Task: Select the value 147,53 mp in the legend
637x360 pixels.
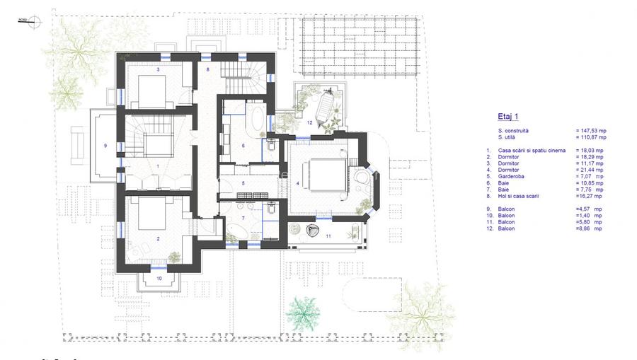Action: point(589,131)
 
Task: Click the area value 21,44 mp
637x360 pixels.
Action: point(589,170)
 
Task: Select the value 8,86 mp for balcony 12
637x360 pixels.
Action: point(589,228)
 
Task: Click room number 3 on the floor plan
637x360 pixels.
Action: point(158,70)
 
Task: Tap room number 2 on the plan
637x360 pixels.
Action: point(158,239)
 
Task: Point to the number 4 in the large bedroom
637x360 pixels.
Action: point(298,183)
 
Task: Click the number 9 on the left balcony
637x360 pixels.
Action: point(105,146)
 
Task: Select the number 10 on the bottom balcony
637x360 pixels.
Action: point(159,279)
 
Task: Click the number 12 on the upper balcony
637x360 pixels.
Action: point(309,122)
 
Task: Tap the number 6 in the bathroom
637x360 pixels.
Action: point(243,146)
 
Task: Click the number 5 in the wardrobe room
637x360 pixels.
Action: point(242,183)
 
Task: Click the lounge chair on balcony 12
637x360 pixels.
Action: point(323,109)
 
